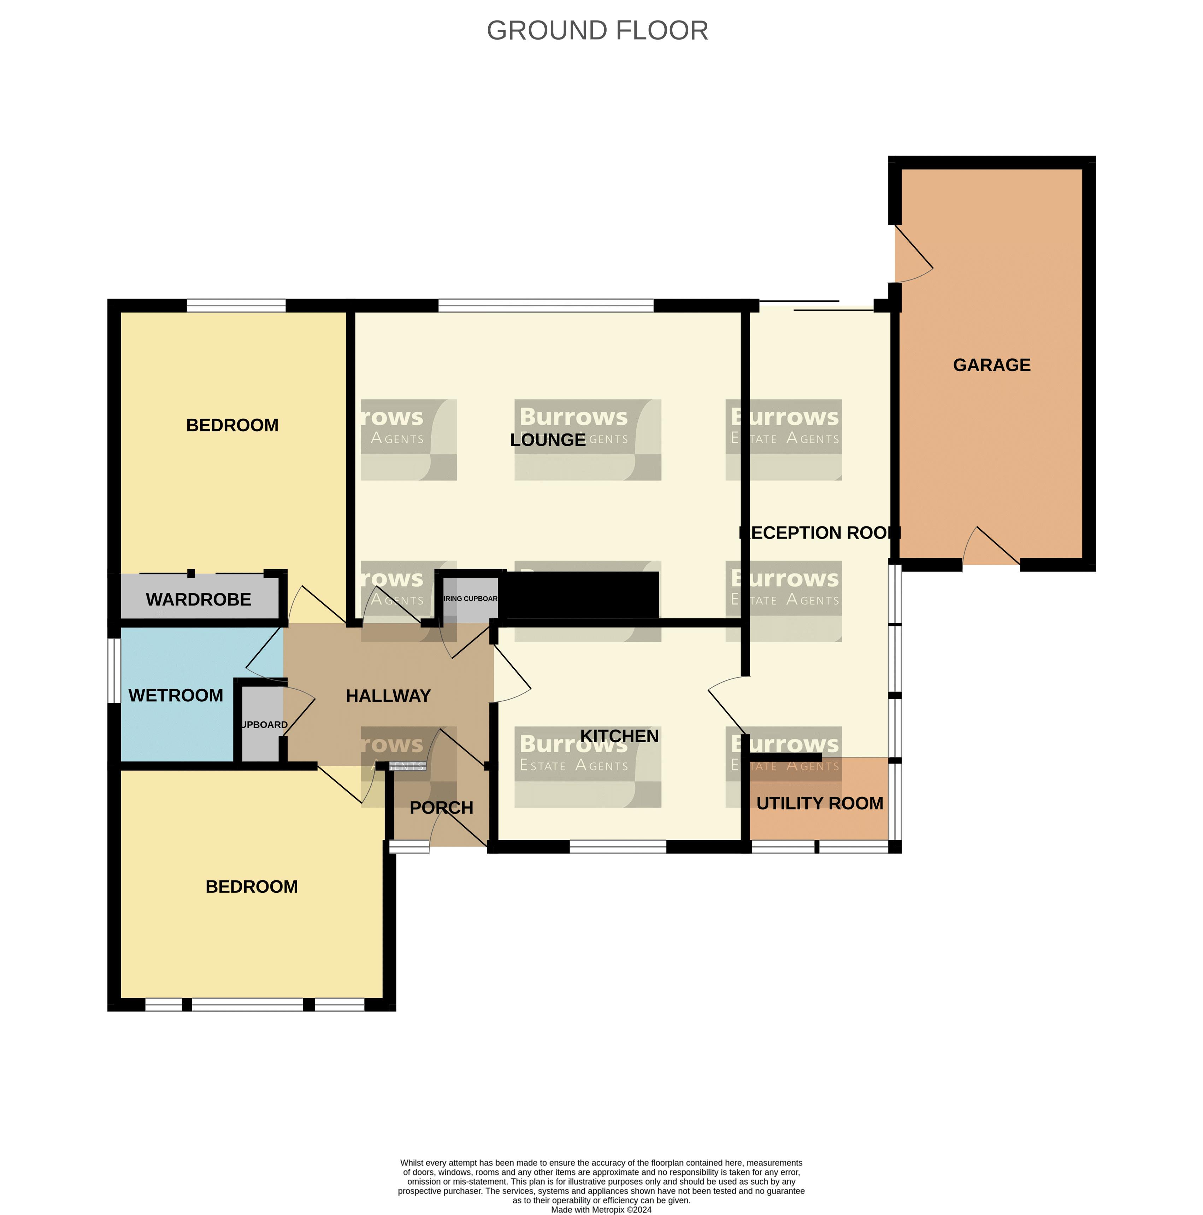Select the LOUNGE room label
547,440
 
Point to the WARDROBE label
198,599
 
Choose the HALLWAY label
388,696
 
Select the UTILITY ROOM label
819,803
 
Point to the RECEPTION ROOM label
819,533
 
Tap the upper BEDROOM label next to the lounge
232,425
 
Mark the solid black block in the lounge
582,594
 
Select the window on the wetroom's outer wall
114,671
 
